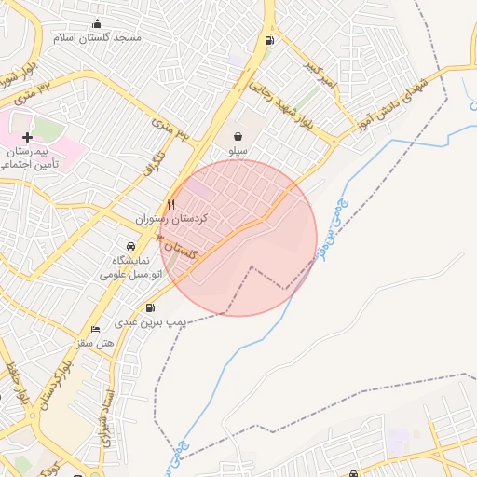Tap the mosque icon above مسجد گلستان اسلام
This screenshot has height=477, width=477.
[99, 24]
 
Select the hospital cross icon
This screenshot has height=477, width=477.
[28, 137]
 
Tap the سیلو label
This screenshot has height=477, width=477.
[238, 149]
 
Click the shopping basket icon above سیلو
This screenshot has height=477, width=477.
[238, 135]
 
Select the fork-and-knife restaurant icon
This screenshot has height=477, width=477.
[170, 204]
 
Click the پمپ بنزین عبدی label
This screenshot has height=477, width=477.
[151, 322]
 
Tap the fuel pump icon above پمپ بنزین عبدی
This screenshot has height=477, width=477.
[151, 308]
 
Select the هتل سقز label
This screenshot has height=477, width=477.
[95, 344]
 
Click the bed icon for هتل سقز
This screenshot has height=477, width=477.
[95, 330]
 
